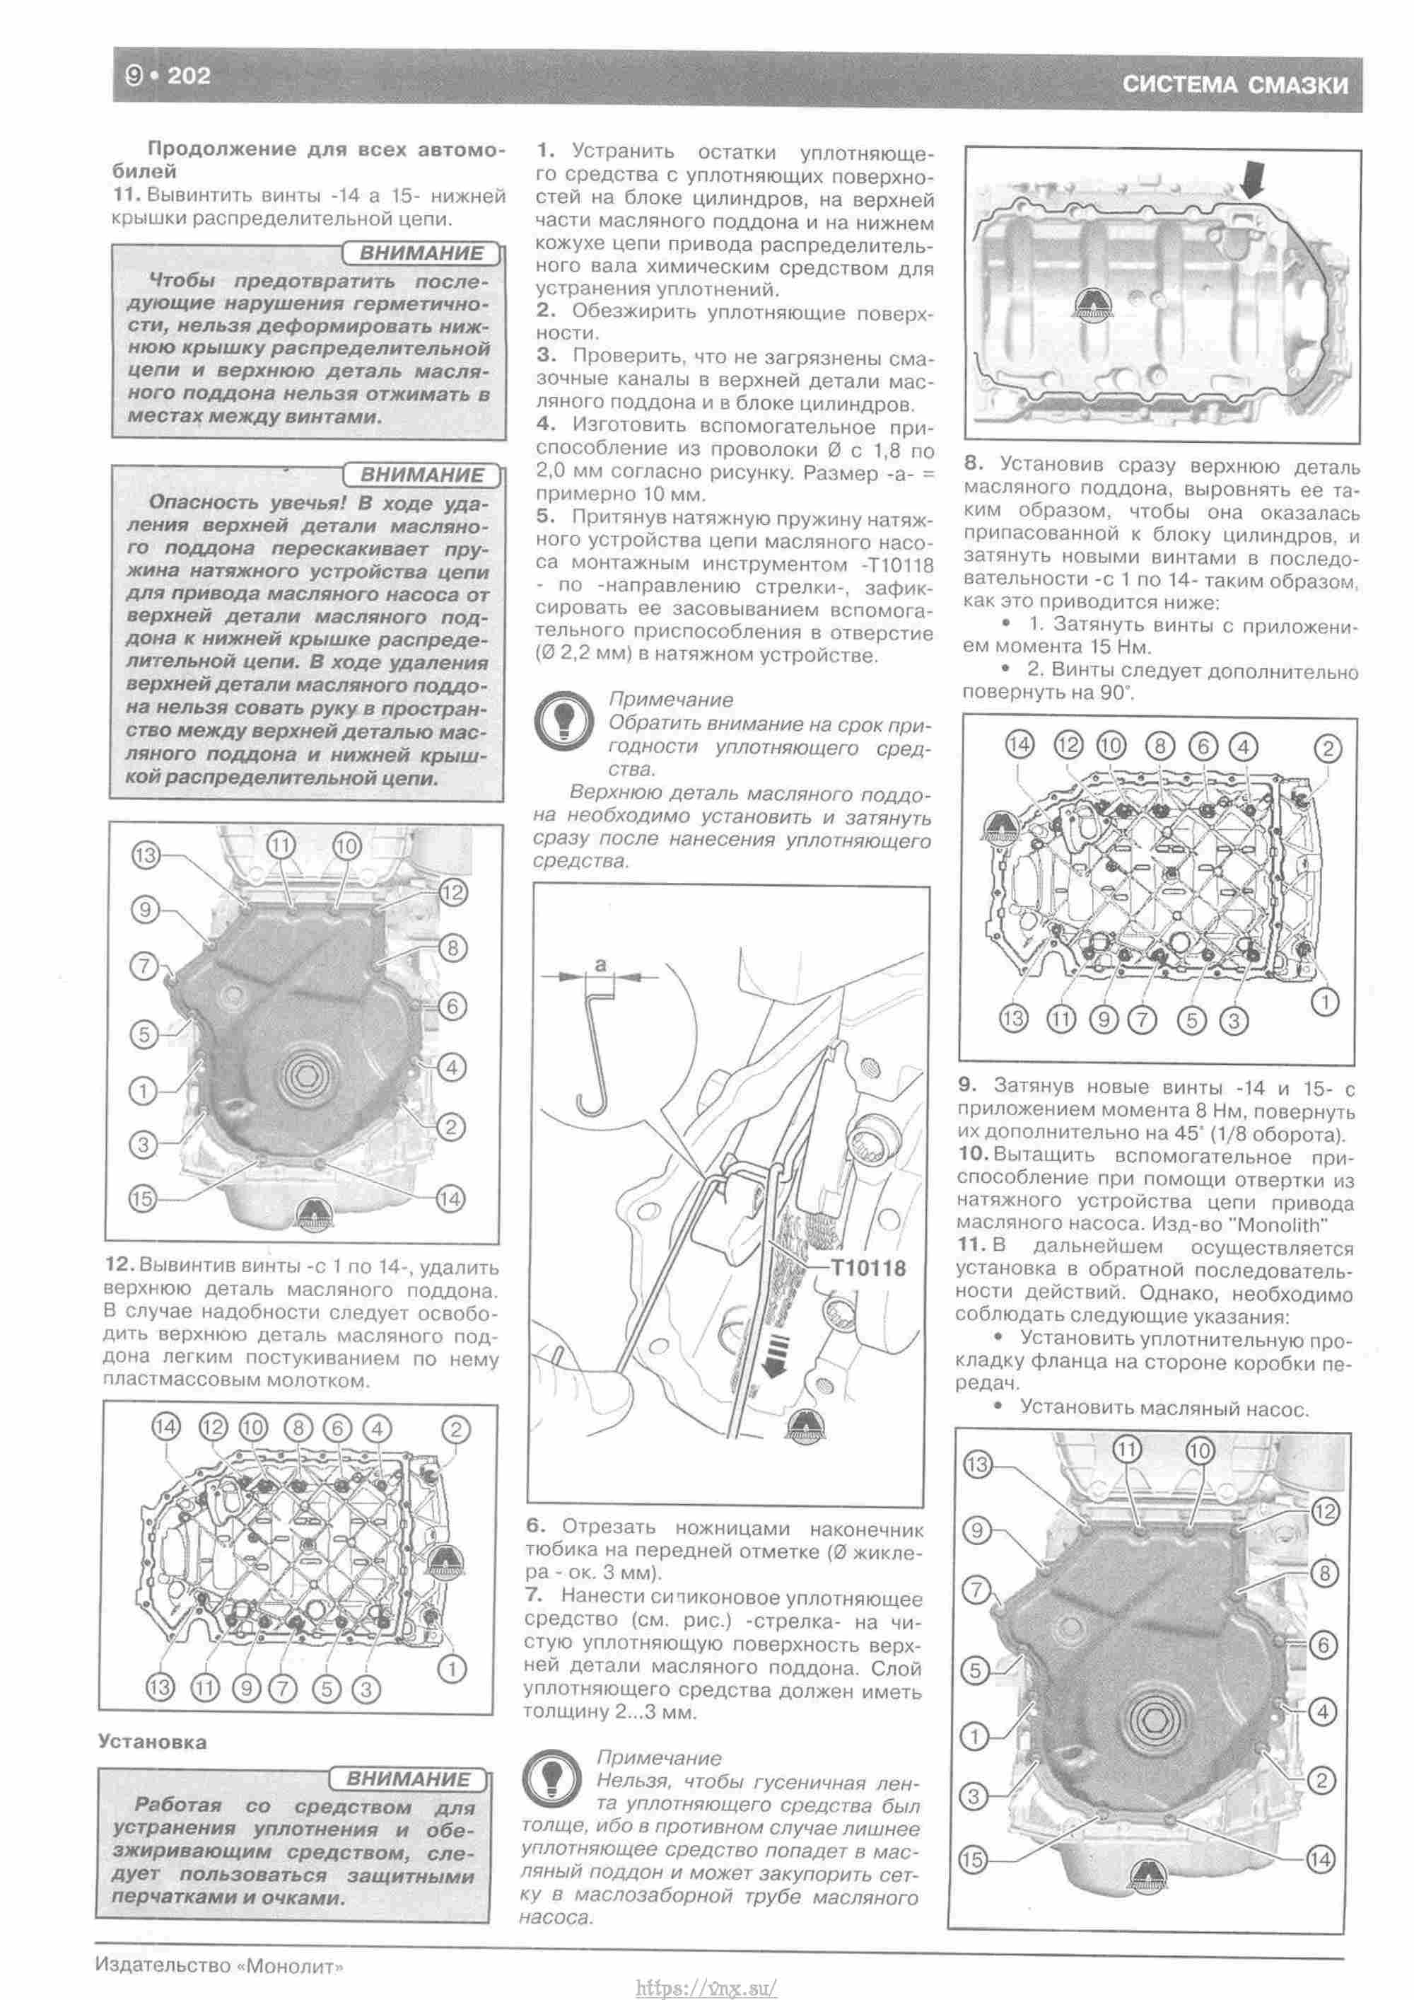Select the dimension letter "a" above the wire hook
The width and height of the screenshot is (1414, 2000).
point(600,964)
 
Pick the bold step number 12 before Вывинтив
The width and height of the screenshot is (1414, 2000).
point(119,1265)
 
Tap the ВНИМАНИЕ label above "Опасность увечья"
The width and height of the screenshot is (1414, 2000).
point(421,475)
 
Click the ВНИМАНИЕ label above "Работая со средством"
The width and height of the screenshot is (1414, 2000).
point(407,1778)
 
